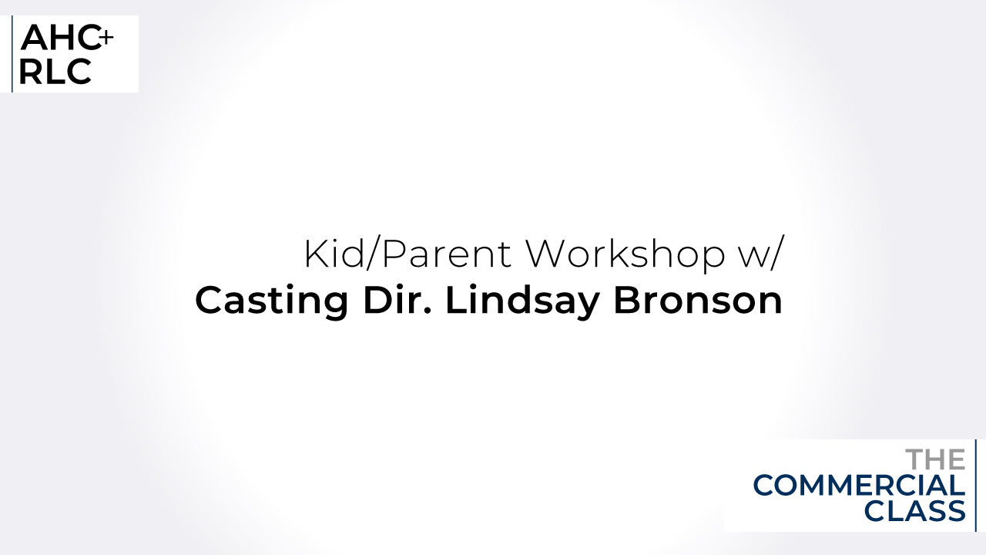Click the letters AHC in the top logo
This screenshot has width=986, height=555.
[60, 38]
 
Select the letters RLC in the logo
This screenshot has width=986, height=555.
[55, 72]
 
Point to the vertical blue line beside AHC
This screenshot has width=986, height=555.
[12, 54]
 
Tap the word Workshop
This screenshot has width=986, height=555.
[625, 255]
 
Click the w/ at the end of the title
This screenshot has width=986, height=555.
[763, 254]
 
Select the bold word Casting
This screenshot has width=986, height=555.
[272, 301]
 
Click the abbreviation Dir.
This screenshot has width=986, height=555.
[397, 300]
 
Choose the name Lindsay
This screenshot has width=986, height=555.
[522, 301]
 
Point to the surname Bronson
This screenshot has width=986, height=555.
[698, 301]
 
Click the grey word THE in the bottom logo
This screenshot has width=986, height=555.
[935, 459]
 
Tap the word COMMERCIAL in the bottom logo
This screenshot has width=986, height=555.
[859, 486]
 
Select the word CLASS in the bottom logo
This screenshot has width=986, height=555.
[914, 511]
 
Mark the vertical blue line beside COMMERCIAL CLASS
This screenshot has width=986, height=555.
[976, 486]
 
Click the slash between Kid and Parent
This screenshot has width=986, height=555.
[374, 254]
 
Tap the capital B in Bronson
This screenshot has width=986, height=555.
[627, 301]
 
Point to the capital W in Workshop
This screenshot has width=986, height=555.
[548, 254]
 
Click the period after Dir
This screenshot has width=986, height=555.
[427, 311]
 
